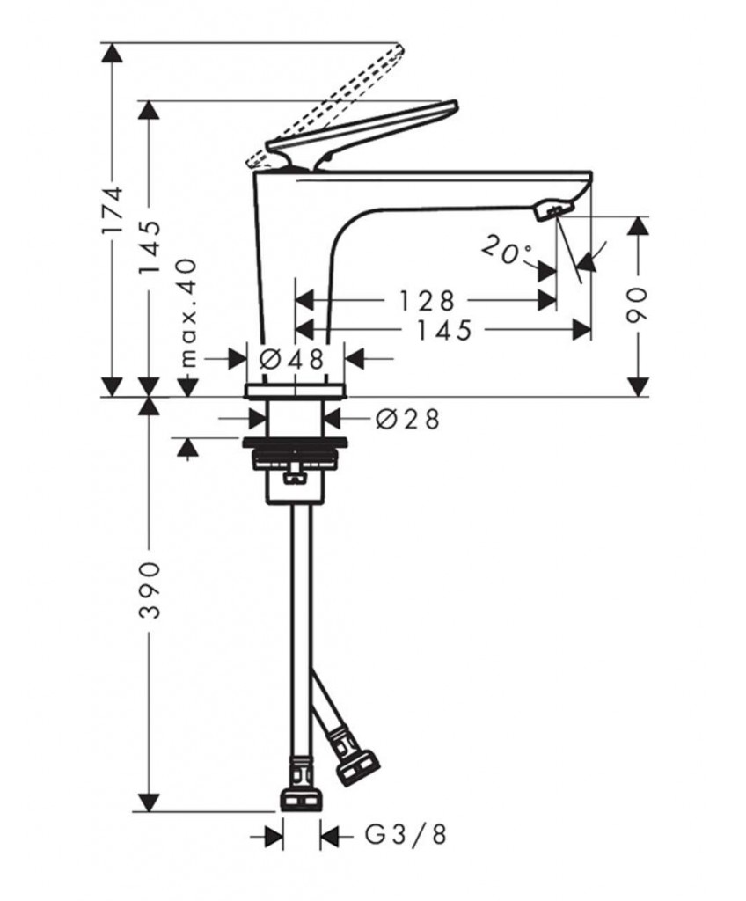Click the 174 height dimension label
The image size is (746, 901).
click(x=113, y=209)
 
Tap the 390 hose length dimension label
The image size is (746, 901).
click(x=150, y=590)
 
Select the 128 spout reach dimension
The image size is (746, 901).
click(x=427, y=301)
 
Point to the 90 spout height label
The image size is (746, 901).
click(x=637, y=305)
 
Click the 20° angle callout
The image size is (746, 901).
click(x=506, y=251)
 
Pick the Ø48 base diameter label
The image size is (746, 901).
click(x=293, y=360)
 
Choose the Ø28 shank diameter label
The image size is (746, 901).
click(x=407, y=419)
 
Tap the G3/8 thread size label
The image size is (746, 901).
click(x=406, y=835)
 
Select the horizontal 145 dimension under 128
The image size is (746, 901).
click(x=443, y=331)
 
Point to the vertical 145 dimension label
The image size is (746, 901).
click(x=150, y=247)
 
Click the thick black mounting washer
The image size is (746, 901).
click(x=295, y=443)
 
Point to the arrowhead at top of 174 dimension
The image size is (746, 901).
click(x=112, y=52)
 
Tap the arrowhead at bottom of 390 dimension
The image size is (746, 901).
click(x=150, y=802)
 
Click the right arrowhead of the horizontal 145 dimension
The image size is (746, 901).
click(x=581, y=331)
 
